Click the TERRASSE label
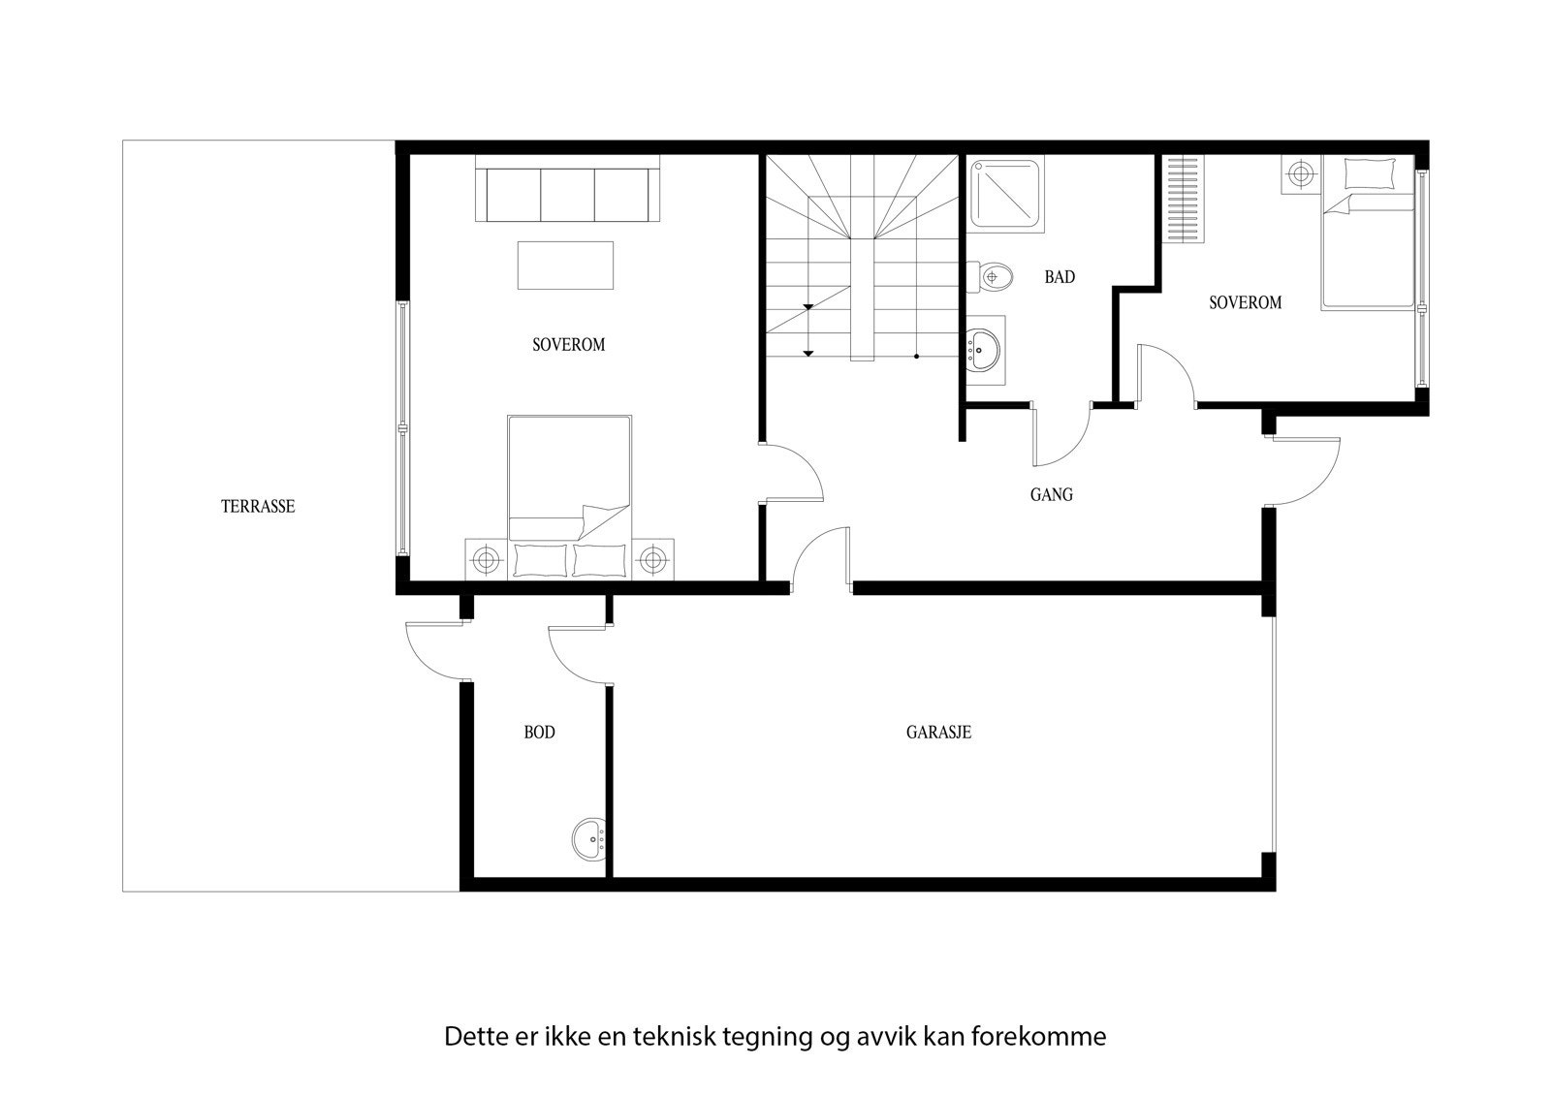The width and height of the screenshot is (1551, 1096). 257,506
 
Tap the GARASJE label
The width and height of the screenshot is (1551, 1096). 937,733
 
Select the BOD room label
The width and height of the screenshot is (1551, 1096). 539,733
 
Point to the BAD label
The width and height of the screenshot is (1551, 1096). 1059,277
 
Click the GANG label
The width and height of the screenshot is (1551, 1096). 1051,495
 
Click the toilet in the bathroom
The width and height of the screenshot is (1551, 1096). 995,277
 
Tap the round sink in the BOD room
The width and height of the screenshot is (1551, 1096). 589,839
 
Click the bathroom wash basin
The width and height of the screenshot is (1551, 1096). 985,345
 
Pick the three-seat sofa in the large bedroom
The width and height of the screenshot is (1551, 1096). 567,195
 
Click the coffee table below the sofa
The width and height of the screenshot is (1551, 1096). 565,265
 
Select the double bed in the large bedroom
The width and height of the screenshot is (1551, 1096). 569,494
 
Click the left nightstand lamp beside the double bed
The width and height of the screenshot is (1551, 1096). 485,559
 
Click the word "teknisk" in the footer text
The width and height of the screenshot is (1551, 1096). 675,1036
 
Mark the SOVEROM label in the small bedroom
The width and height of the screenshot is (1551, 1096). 1245,303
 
